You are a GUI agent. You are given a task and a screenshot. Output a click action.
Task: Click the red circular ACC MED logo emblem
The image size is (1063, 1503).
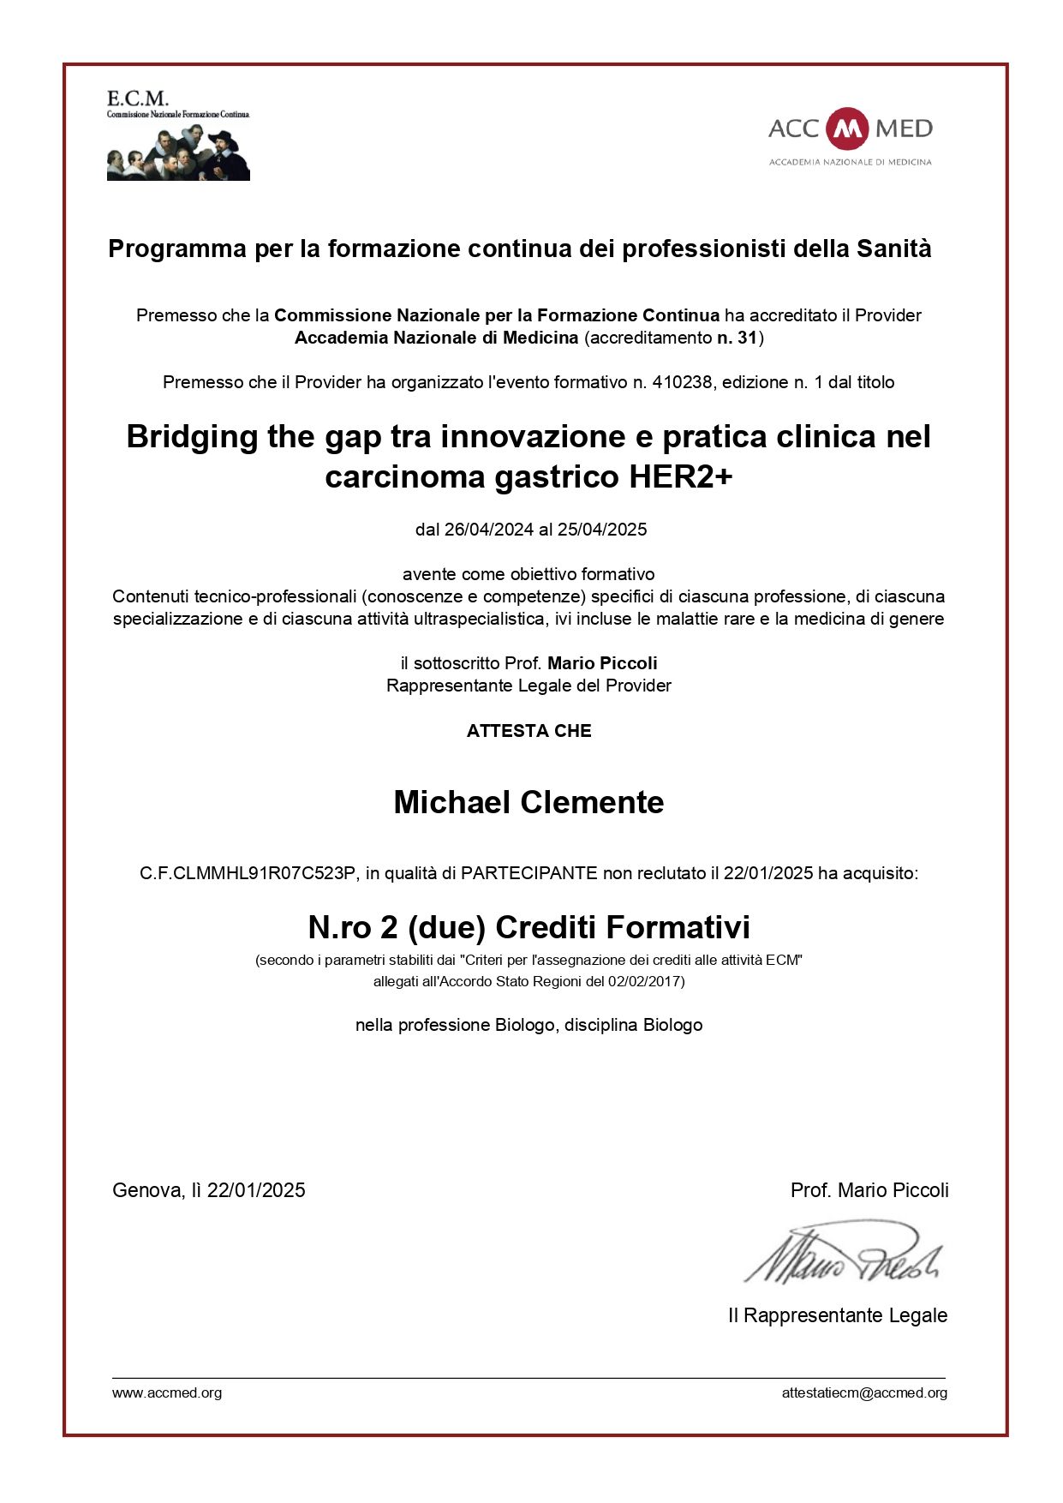tap(848, 129)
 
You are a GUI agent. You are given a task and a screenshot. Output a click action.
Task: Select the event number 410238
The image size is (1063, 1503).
tap(682, 382)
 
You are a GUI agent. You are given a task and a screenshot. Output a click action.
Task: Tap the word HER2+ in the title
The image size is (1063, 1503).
tap(681, 476)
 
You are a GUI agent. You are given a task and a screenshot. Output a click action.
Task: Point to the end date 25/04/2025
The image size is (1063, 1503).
tap(602, 530)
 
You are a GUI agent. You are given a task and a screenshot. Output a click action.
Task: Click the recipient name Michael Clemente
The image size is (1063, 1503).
tap(529, 802)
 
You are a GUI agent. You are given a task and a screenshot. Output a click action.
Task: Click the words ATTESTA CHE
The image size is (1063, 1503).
tap(529, 731)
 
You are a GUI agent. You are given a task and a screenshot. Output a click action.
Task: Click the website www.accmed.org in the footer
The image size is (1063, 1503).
tap(167, 1392)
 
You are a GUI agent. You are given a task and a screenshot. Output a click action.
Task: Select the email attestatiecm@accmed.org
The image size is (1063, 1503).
tap(864, 1392)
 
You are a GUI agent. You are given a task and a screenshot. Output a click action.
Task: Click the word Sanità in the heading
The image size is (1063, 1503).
tap(893, 249)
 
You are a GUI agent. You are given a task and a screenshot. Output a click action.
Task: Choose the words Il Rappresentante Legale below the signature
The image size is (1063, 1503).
tap(837, 1315)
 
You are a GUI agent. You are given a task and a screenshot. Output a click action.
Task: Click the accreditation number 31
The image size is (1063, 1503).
tap(747, 338)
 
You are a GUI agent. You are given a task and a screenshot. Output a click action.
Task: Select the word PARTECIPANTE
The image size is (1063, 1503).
tap(529, 873)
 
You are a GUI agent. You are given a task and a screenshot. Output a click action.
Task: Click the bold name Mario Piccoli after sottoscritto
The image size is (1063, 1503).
tap(602, 663)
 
